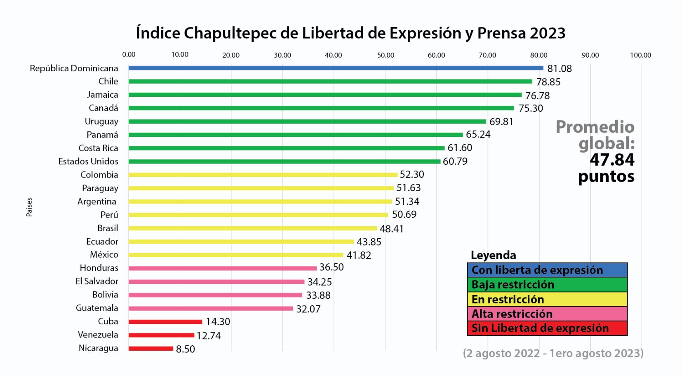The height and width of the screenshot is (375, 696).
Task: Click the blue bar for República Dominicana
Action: coord(336,68)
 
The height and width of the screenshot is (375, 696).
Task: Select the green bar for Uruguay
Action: coord(307,122)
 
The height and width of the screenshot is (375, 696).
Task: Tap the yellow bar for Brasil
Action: coord(252,228)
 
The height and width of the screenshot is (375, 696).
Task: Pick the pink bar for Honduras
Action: coord(222,268)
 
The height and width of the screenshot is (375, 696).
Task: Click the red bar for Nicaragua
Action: coord(150,349)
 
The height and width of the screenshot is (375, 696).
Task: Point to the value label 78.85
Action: coord(548,82)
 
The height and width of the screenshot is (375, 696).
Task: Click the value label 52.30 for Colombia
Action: coord(411,175)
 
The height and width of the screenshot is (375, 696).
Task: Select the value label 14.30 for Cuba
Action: coord(218,322)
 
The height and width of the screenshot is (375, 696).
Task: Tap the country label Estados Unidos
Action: coord(88,162)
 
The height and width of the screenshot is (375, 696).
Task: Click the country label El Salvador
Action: coord(97,281)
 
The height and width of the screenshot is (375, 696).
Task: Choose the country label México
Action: coord(104,255)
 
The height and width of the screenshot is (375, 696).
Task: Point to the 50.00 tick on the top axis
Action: coord(386,55)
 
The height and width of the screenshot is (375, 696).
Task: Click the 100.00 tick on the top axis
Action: coord(640,55)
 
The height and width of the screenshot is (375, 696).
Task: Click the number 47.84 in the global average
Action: coord(612,160)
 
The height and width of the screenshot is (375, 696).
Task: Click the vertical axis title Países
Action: coord(29,207)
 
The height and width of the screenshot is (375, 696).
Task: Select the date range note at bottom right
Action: coord(553,354)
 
